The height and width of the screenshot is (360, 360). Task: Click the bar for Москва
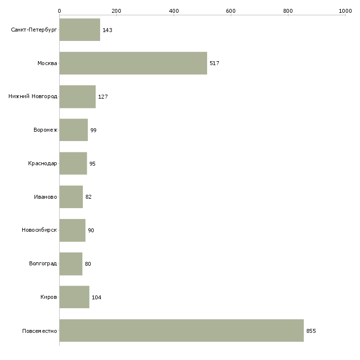pos(133,63)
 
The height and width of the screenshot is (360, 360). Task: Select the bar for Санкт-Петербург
pos(80,30)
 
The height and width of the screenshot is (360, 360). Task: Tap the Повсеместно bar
pos(181,330)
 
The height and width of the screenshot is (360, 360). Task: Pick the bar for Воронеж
pos(73,130)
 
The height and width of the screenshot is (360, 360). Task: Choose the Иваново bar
pos(71,197)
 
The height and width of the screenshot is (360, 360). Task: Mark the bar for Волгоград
pos(71,264)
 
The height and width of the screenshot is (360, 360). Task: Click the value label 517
pos(215,63)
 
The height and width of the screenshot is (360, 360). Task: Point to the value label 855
pos(311,331)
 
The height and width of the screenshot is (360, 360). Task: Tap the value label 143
pos(108,30)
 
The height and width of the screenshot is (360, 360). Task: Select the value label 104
pos(97,297)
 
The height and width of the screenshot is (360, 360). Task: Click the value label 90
pos(91,230)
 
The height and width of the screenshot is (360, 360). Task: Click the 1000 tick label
pos(345,11)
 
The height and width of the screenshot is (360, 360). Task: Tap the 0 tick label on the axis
pos(60,11)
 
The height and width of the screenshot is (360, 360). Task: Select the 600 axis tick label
pos(231,11)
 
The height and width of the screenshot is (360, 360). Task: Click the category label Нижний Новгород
pos(33,96)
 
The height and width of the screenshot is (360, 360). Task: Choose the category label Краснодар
pos(42,163)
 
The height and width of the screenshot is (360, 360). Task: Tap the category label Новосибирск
pos(39,230)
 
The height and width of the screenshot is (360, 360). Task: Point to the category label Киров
pos(48,297)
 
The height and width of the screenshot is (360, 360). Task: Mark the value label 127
pos(103,97)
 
